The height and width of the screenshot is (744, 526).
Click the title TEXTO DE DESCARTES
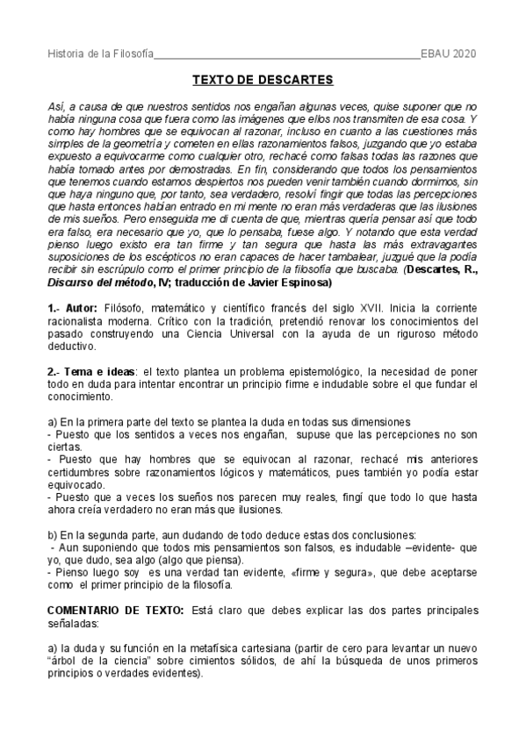(263, 81)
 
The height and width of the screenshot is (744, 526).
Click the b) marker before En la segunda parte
(52, 536)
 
